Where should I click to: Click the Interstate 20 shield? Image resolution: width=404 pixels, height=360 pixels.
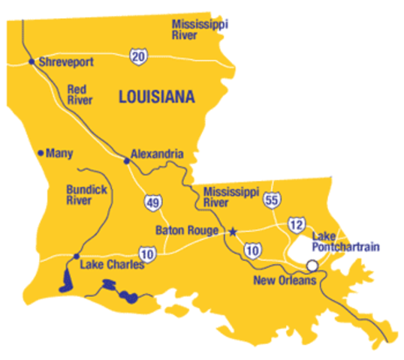137,56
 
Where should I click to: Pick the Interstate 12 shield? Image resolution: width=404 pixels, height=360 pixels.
297,224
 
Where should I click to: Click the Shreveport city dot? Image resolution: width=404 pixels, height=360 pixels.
32,61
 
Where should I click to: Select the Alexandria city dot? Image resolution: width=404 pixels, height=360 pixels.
127,158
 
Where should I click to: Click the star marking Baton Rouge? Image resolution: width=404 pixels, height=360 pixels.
232,231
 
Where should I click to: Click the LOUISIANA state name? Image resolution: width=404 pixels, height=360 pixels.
156,97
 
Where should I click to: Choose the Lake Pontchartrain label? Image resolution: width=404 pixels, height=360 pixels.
351,241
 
